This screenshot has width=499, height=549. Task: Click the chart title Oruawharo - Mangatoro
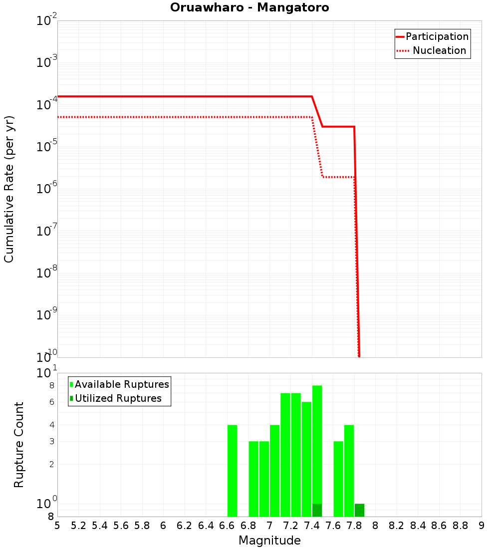[x=249, y=8]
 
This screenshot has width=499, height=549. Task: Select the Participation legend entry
[x=437, y=36]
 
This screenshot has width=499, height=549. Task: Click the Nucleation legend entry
[x=439, y=50]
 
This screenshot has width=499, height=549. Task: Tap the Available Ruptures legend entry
[x=122, y=384]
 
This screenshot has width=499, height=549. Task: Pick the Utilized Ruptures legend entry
[x=118, y=398]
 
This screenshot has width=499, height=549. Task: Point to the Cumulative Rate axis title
[x=9, y=189]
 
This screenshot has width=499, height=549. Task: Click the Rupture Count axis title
[x=19, y=444]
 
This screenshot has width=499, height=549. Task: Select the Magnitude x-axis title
[x=269, y=541]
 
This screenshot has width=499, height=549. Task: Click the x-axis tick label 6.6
[x=227, y=526]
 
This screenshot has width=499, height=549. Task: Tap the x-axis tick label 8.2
[x=397, y=526]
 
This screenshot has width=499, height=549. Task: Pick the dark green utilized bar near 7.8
[x=359, y=510]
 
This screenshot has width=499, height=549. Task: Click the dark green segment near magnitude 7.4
[x=317, y=510]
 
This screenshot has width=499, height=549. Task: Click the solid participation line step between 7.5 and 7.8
[x=338, y=127]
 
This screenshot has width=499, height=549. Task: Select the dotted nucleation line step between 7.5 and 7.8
[x=338, y=177]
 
